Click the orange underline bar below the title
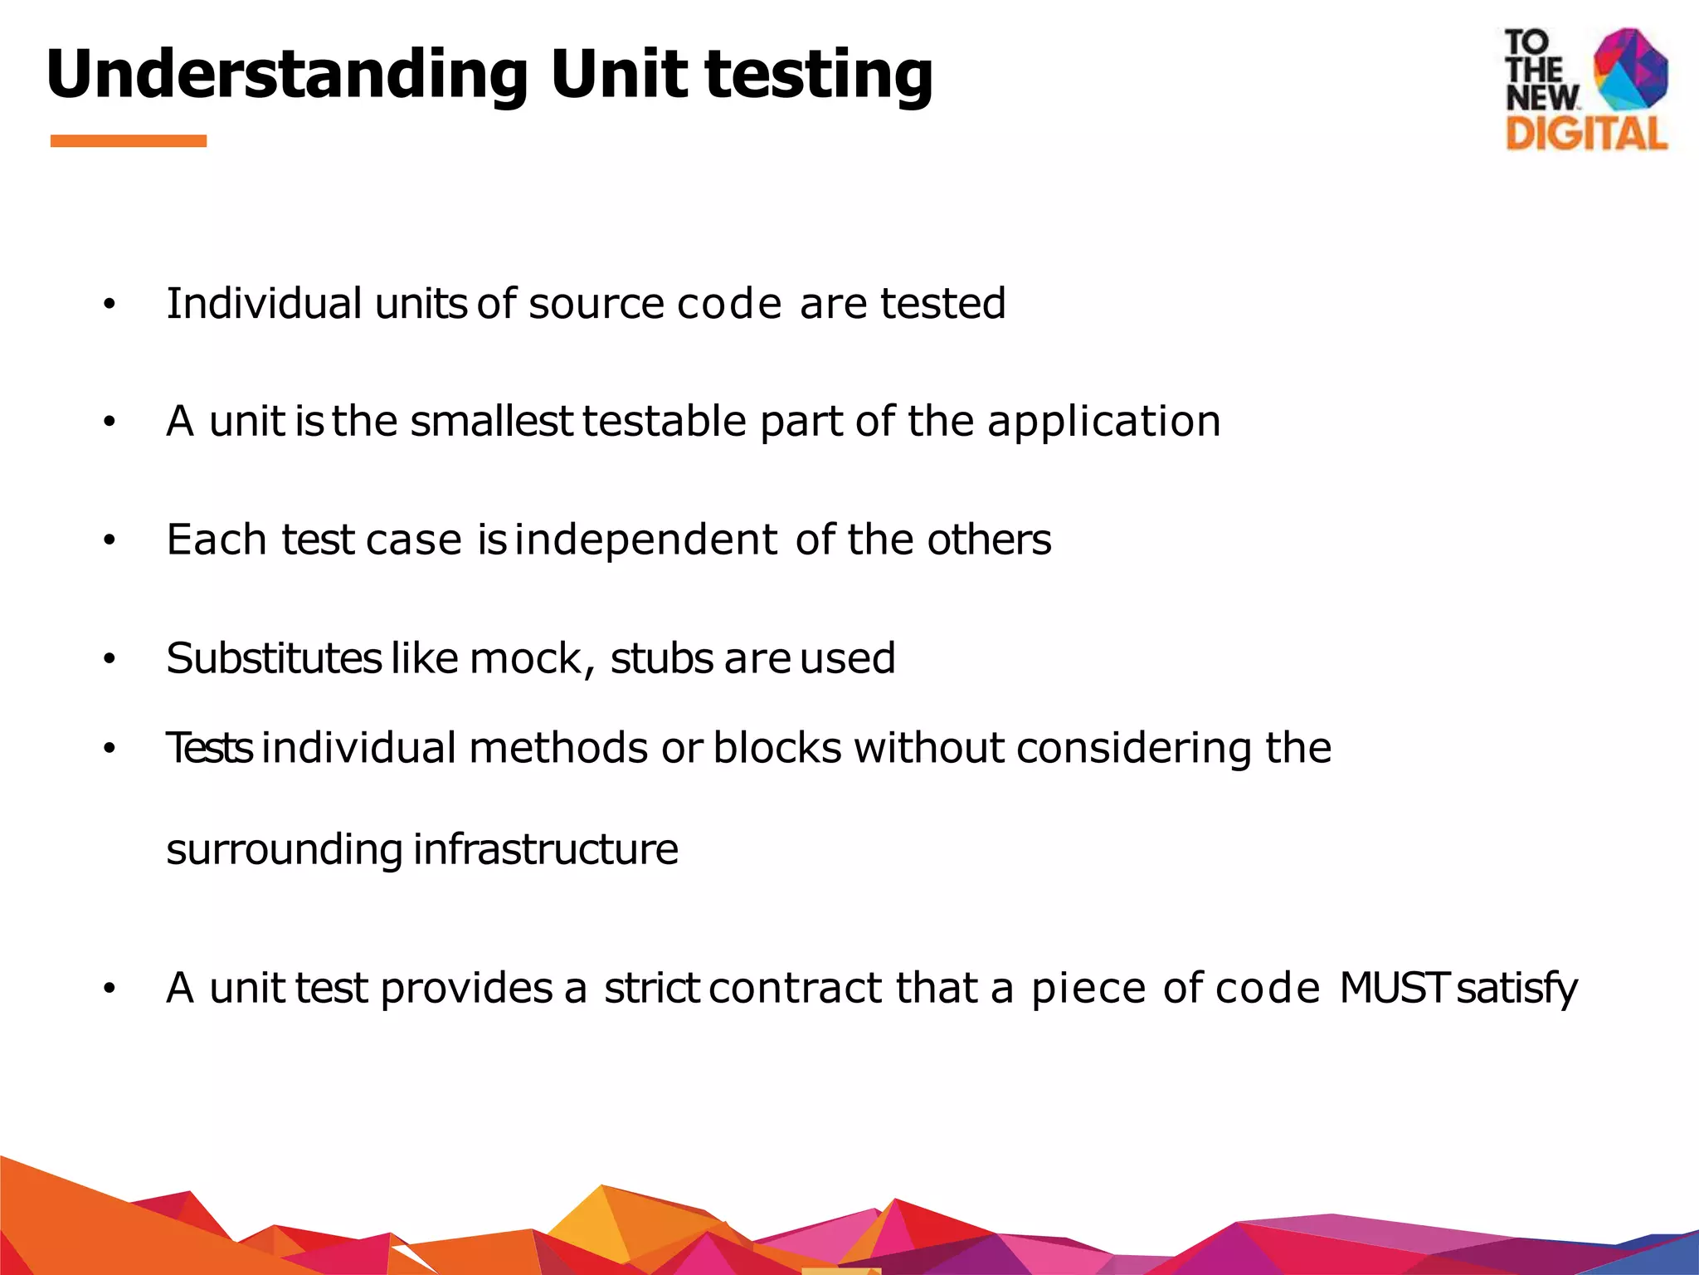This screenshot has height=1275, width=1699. [x=129, y=141]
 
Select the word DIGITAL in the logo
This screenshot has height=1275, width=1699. [x=1586, y=134]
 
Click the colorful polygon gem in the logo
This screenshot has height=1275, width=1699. [x=1630, y=70]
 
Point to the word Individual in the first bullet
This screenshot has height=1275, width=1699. [x=264, y=304]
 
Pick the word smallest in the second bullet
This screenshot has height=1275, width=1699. [x=491, y=422]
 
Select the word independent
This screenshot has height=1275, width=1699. [x=650, y=541]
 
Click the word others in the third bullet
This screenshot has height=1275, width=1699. [x=989, y=540]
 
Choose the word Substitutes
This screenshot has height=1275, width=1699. [x=274, y=658]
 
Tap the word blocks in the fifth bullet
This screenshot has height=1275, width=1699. [x=777, y=748]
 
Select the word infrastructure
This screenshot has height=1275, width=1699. [x=546, y=850]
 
